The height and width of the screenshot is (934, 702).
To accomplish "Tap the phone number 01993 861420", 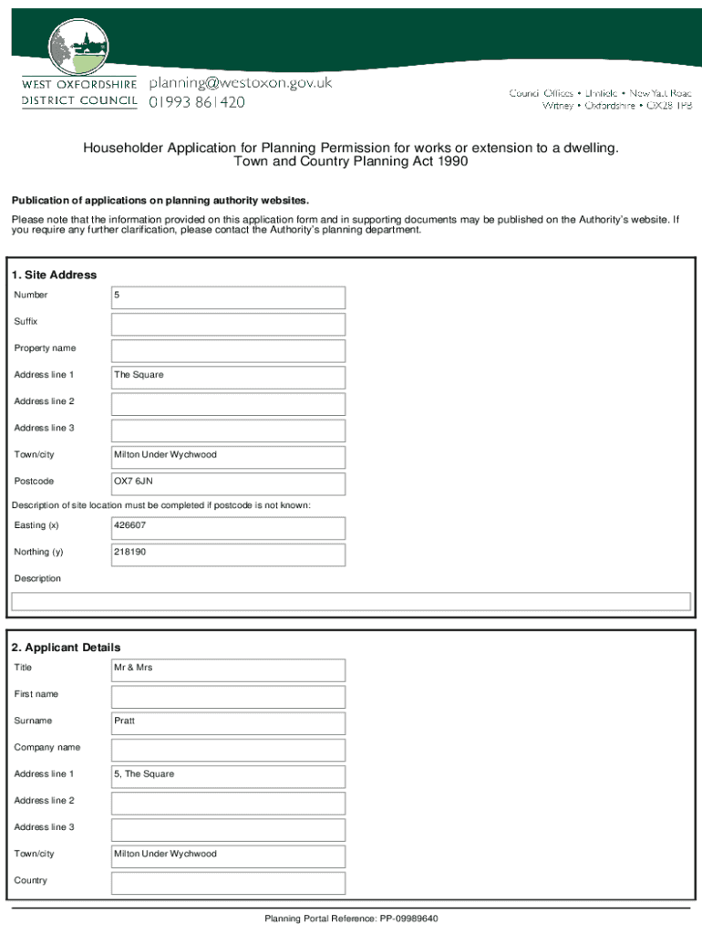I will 197,102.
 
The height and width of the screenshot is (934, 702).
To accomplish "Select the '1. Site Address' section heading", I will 54,275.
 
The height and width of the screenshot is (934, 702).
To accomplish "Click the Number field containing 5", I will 228,297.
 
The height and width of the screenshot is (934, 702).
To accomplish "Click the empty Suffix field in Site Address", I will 228,324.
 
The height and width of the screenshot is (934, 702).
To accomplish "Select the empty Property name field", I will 228,350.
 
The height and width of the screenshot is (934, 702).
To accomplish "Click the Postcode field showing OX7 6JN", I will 228,483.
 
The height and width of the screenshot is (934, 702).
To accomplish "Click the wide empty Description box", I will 350,601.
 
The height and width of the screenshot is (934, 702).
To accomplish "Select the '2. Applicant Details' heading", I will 66,648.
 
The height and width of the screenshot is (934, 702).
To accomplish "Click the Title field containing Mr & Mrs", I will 228,669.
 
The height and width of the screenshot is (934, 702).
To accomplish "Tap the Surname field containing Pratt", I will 228,722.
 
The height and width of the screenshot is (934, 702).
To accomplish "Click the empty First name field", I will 228,696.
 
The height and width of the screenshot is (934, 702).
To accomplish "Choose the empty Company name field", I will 228,749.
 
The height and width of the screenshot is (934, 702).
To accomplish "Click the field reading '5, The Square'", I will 228,775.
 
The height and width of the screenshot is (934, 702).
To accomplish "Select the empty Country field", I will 228,882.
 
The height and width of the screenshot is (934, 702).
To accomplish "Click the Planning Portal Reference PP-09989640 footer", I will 351,918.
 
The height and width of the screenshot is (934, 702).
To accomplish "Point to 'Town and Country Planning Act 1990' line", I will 351,161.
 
